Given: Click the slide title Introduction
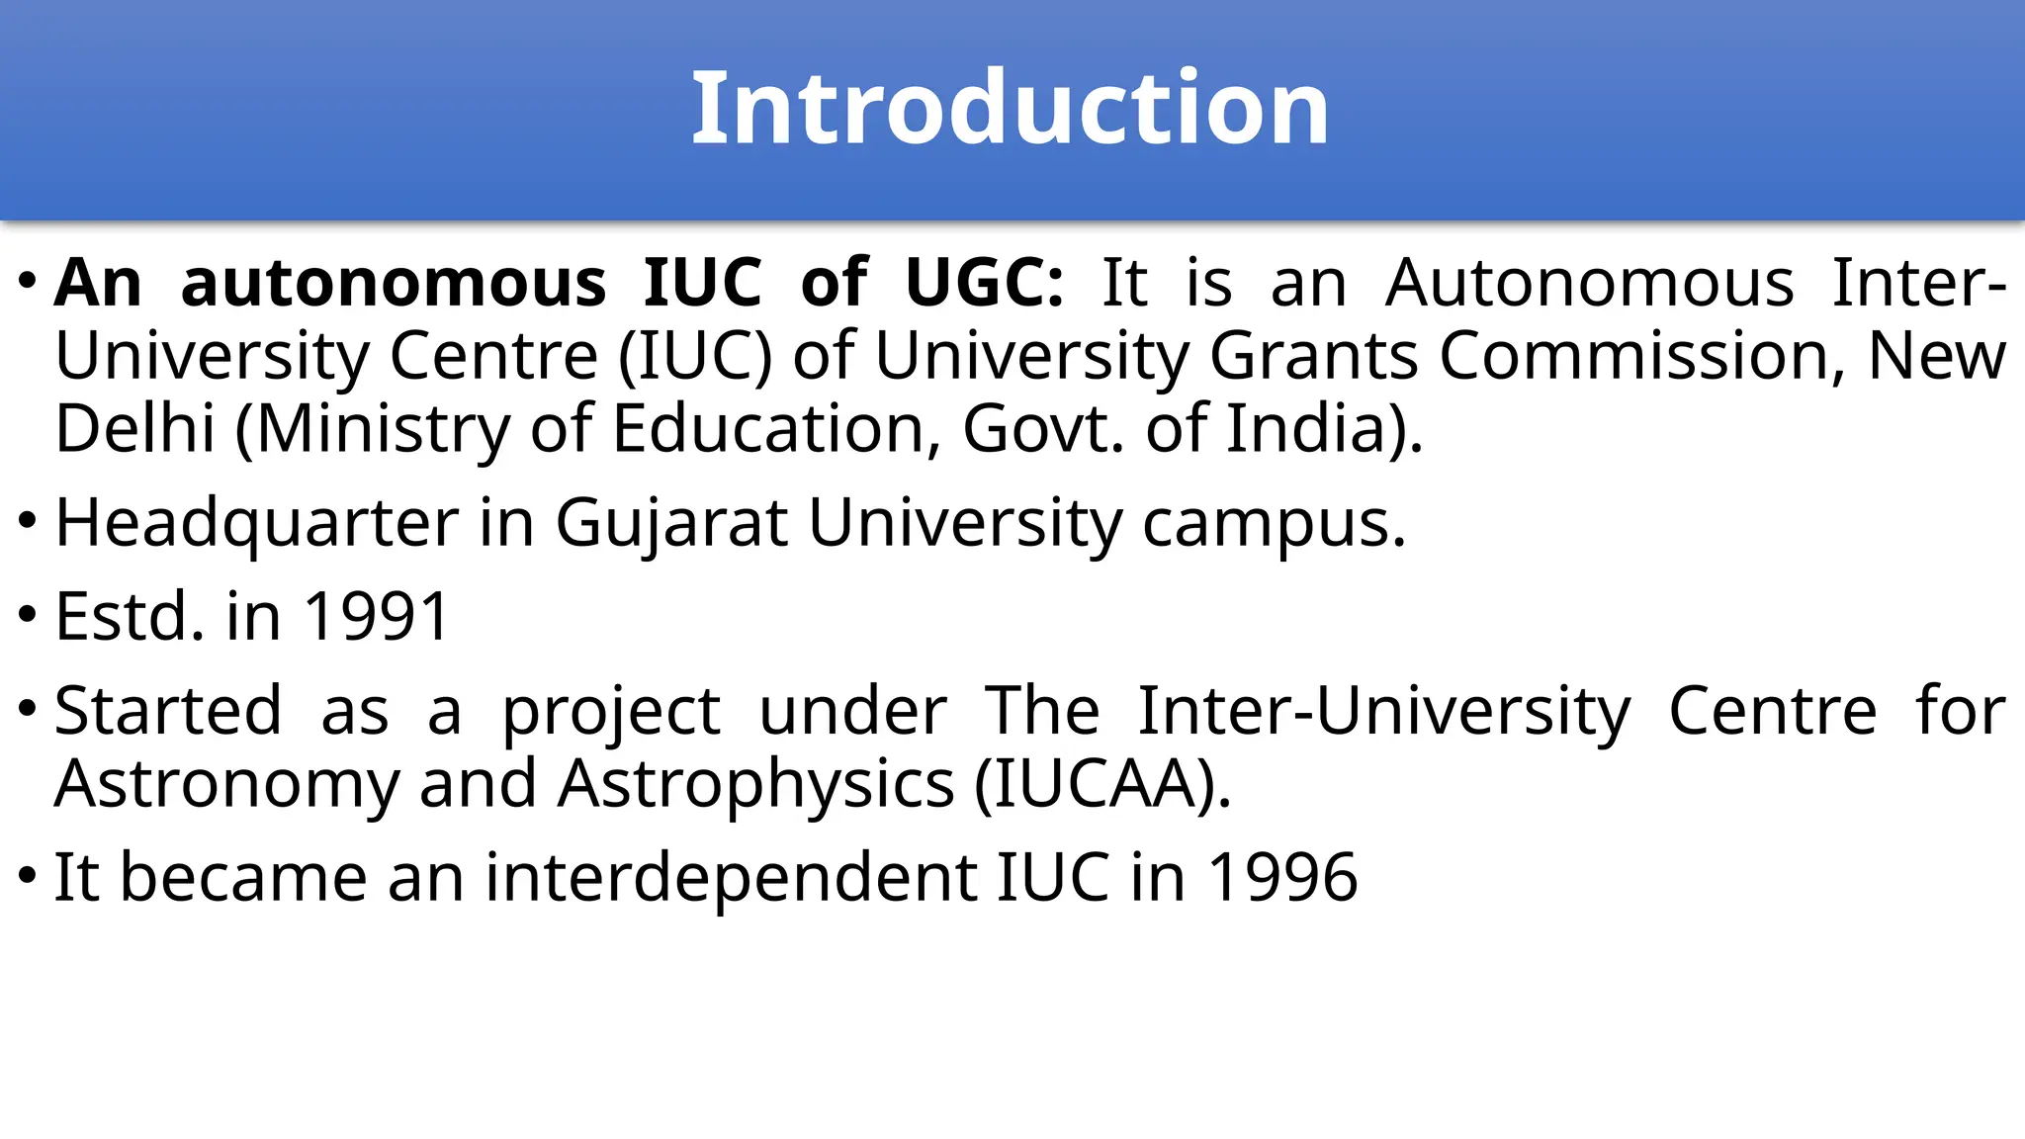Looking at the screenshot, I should pyautogui.click(x=1010, y=108).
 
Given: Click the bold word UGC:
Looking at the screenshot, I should pyautogui.click(x=984, y=284).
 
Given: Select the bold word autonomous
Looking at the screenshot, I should pyautogui.click(x=394, y=284).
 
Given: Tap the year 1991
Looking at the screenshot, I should pyautogui.click(x=377, y=617).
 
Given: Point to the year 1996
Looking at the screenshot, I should pyautogui.click(x=1282, y=877).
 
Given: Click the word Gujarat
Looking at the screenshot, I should pyautogui.click(x=670, y=523).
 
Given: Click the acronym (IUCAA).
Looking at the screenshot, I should pyautogui.click(x=1102, y=784).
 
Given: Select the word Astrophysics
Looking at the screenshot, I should pyautogui.click(x=756, y=784).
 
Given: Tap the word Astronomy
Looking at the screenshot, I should pyautogui.click(x=227, y=784).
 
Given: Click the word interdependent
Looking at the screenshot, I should pyautogui.click(x=731, y=877).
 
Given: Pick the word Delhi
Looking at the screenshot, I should pyautogui.click(x=134, y=429).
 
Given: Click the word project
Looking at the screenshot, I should pyautogui.click(x=611, y=712).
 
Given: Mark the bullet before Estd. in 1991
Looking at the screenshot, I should pyautogui.click(x=28, y=615).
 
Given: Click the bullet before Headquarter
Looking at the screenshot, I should pyautogui.click(x=28, y=521).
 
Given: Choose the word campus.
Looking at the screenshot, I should pyautogui.click(x=1274, y=523).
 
